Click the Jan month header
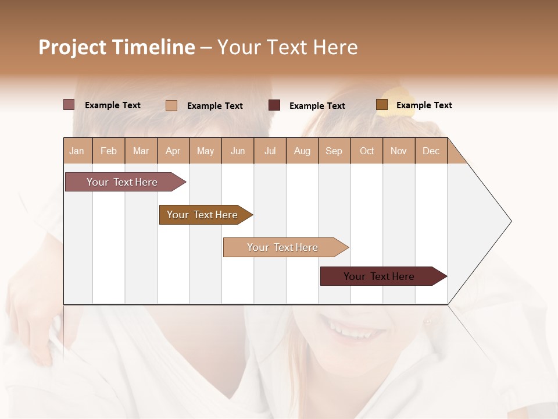[77, 151]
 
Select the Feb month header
[109, 151]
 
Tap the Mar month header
[141, 151]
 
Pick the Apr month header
[173, 151]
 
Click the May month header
[205, 151]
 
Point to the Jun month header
[238, 151]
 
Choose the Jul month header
[270, 151]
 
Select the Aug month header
[302, 151]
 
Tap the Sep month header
[334, 151]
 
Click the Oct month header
[367, 151]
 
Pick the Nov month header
[399, 151]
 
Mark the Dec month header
[431, 151]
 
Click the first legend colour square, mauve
[69, 105]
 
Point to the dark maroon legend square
[274, 105]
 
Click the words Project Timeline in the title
[117, 47]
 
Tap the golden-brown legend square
[382, 105]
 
